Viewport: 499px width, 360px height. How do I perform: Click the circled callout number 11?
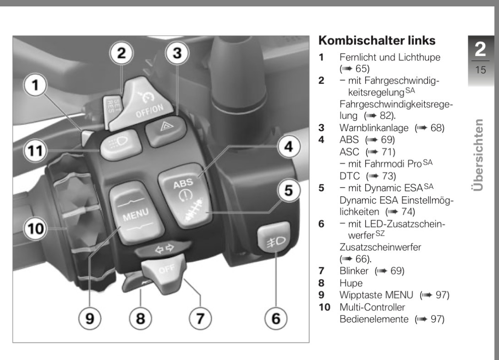[x=35, y=150]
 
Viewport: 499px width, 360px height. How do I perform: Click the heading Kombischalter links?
[x=377, y=41]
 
